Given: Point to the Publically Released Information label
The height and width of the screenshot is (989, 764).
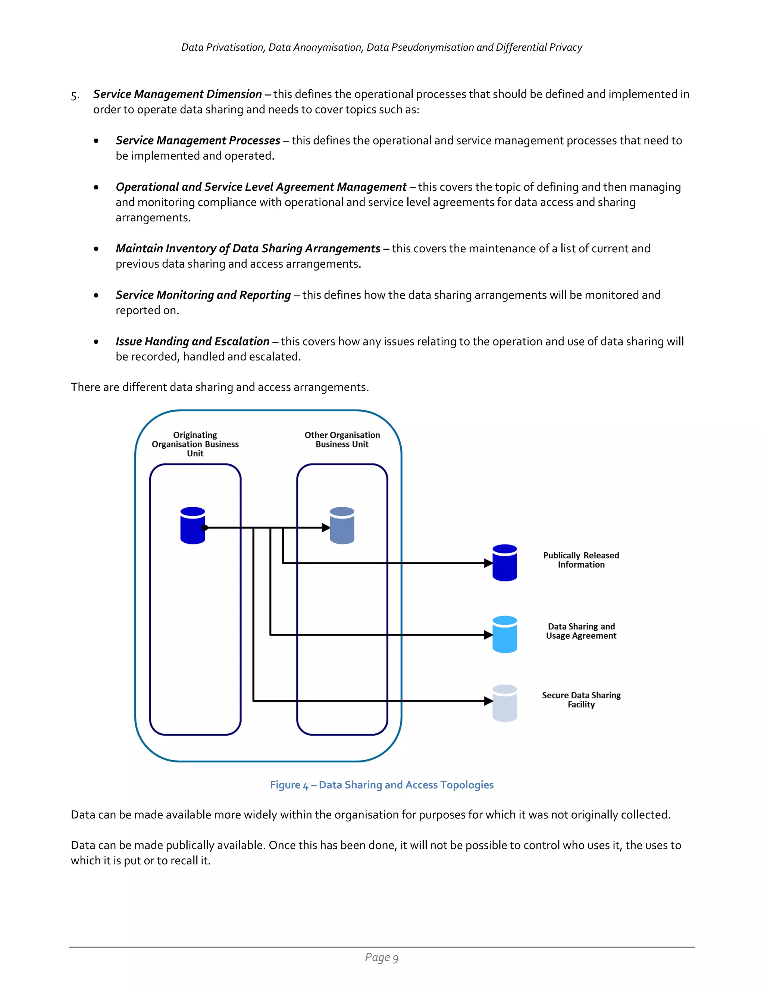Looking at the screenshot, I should tap(581, 560).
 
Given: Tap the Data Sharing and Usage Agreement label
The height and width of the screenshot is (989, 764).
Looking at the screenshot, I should tap(581, 631).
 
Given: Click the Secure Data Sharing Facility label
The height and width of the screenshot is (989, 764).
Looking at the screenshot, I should tap(581, 700).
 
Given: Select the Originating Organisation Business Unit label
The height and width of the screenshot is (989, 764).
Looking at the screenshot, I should tap(195, 444).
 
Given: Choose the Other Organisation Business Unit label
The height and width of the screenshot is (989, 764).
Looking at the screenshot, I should tap(342, 439).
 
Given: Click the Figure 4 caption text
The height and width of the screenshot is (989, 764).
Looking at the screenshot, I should tap(382, 785).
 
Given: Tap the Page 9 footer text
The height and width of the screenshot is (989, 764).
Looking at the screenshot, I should tap(382, 957).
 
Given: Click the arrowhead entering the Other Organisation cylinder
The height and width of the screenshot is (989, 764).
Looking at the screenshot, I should tap(325, 528).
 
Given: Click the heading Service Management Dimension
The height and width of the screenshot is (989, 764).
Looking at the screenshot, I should tap(178, 94).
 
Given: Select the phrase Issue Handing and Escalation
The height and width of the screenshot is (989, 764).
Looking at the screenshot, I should tap(192, 341).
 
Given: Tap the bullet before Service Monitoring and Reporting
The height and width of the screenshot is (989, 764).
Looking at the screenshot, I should tap(96, 295).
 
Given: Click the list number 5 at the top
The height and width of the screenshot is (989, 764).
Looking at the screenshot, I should tap(75, 96).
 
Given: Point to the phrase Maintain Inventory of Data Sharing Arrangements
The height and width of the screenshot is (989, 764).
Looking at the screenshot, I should tap(248, 249).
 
